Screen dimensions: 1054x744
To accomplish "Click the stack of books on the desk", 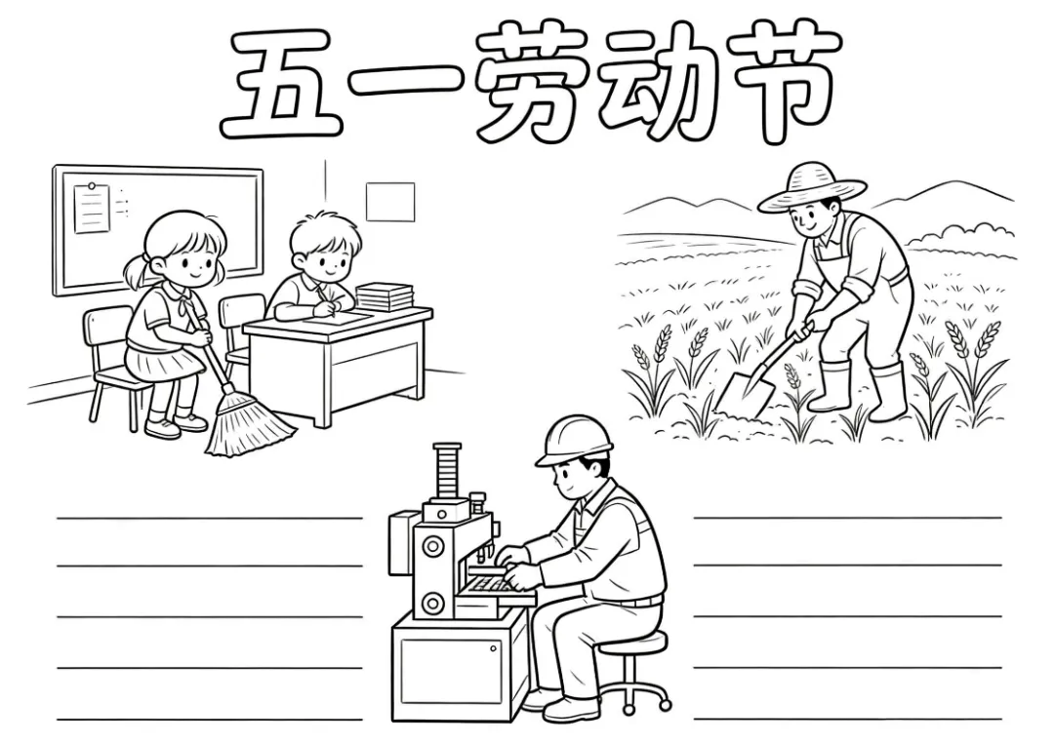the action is pos(384,296).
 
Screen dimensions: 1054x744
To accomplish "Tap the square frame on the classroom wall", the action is pos(389,202).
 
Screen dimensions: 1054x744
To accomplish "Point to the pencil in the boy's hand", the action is pos(323,295).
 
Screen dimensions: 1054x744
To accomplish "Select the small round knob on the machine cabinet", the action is pos(494,648).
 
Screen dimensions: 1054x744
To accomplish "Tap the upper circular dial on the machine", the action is pos(432,547).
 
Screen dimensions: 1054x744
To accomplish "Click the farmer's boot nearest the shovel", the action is pos(830,387).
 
